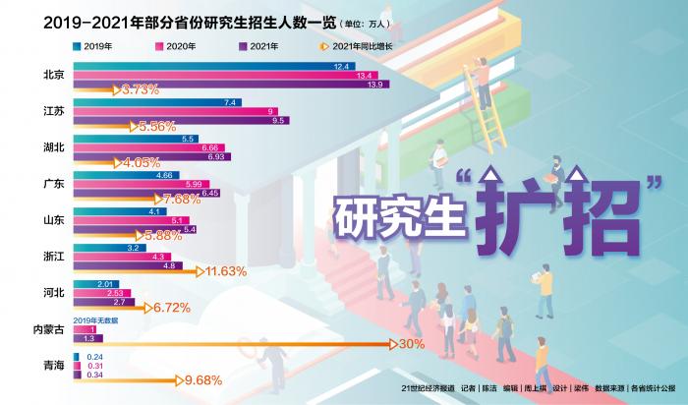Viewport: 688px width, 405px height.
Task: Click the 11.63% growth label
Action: [x=224, y=270]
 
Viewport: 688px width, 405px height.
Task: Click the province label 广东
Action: [x=54, y=183]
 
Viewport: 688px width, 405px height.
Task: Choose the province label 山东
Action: [x=54, y=220]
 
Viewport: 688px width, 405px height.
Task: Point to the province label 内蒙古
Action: [x=48, y=329]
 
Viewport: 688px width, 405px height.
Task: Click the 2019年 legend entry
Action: [x=93, y=44]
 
